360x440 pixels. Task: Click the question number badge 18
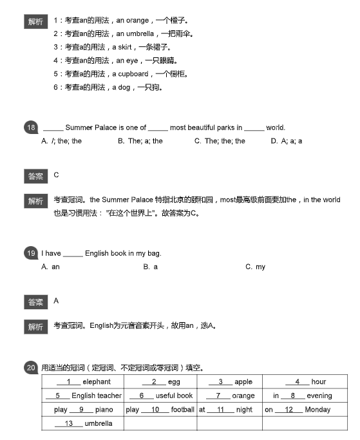coord(30,128)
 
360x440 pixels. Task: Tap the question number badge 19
coord(30,253)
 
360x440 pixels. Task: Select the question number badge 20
coord(30,368)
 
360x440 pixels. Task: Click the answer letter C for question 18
coord(57,175)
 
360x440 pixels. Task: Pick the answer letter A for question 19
coord(57,300)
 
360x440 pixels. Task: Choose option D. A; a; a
coord(287,140)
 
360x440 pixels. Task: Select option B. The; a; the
coord(140,140)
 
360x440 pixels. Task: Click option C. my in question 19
coord(255,267)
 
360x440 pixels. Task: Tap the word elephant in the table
coord(97,382)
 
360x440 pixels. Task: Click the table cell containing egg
coord(160,382)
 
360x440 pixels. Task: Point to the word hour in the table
coord(318,382)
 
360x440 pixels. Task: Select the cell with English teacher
coord(82,396)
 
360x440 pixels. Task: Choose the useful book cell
coord(160,396)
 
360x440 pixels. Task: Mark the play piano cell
coord(82,409)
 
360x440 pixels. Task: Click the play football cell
coord(160,409)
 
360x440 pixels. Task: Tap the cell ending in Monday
coord(298,409)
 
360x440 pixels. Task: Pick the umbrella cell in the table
coord(82,423)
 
